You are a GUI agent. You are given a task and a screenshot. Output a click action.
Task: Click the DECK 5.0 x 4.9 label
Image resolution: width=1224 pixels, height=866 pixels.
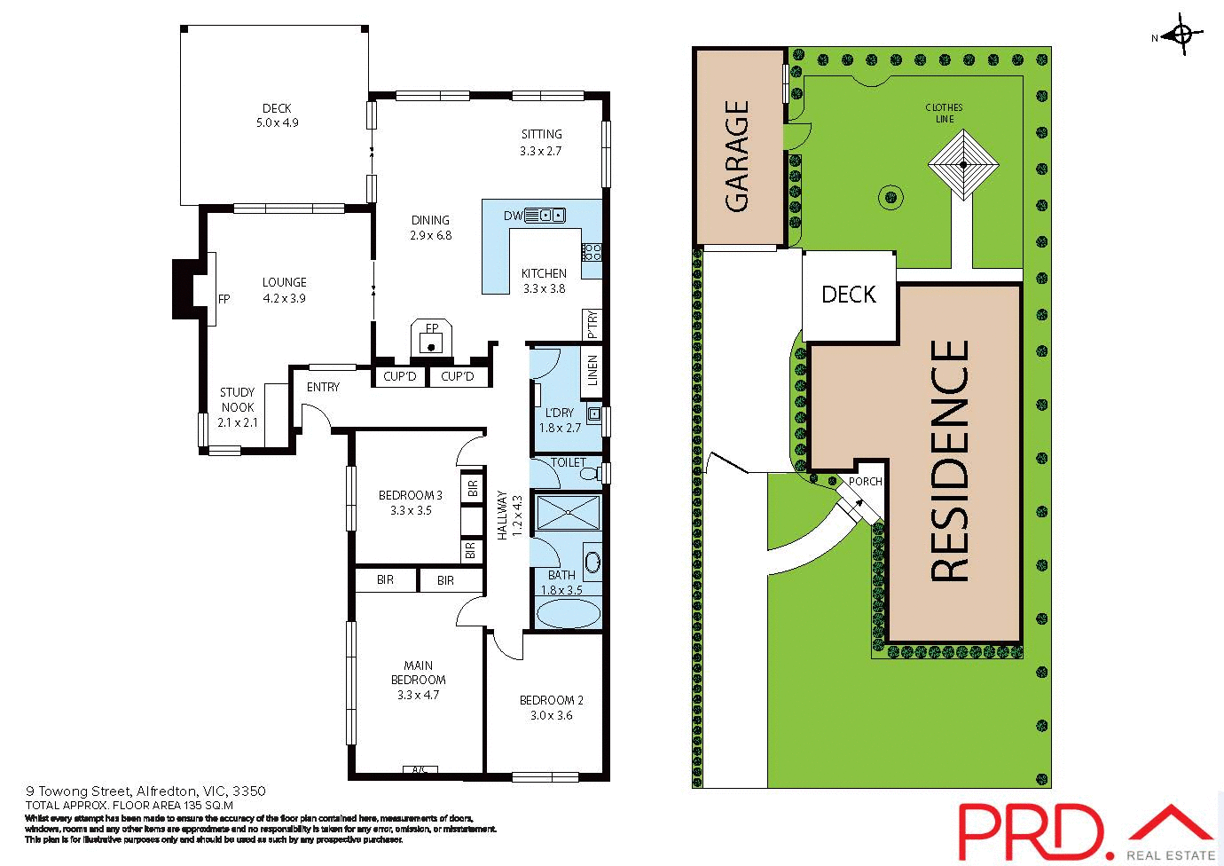(277, 115)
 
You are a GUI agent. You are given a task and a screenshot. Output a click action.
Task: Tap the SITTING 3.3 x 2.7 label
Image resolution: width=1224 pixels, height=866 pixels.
(541, 142)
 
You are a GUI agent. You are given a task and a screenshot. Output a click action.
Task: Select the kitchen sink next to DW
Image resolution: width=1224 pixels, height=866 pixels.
(545, 215)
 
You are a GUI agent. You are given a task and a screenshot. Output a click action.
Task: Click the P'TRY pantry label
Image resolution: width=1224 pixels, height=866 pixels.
(592, 324)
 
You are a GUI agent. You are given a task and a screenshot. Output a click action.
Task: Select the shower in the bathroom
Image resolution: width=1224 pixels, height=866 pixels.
(568, 513)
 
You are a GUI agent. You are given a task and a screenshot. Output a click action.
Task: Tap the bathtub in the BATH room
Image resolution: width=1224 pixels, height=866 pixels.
(569, 614)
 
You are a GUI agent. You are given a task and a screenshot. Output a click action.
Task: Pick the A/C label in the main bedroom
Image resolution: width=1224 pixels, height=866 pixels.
(420, 769)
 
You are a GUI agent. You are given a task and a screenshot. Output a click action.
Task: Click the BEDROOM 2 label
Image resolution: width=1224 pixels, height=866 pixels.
(552, 707)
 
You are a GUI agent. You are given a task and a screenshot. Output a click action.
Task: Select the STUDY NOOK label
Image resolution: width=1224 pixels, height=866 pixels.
(237, 406)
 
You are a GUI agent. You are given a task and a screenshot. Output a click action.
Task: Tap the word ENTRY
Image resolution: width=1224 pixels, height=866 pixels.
(323, 387)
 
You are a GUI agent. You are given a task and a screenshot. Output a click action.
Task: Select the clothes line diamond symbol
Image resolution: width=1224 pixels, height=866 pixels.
(963, 164)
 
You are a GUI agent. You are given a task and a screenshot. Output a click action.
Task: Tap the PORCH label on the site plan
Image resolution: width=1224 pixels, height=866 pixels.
(865, 482)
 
